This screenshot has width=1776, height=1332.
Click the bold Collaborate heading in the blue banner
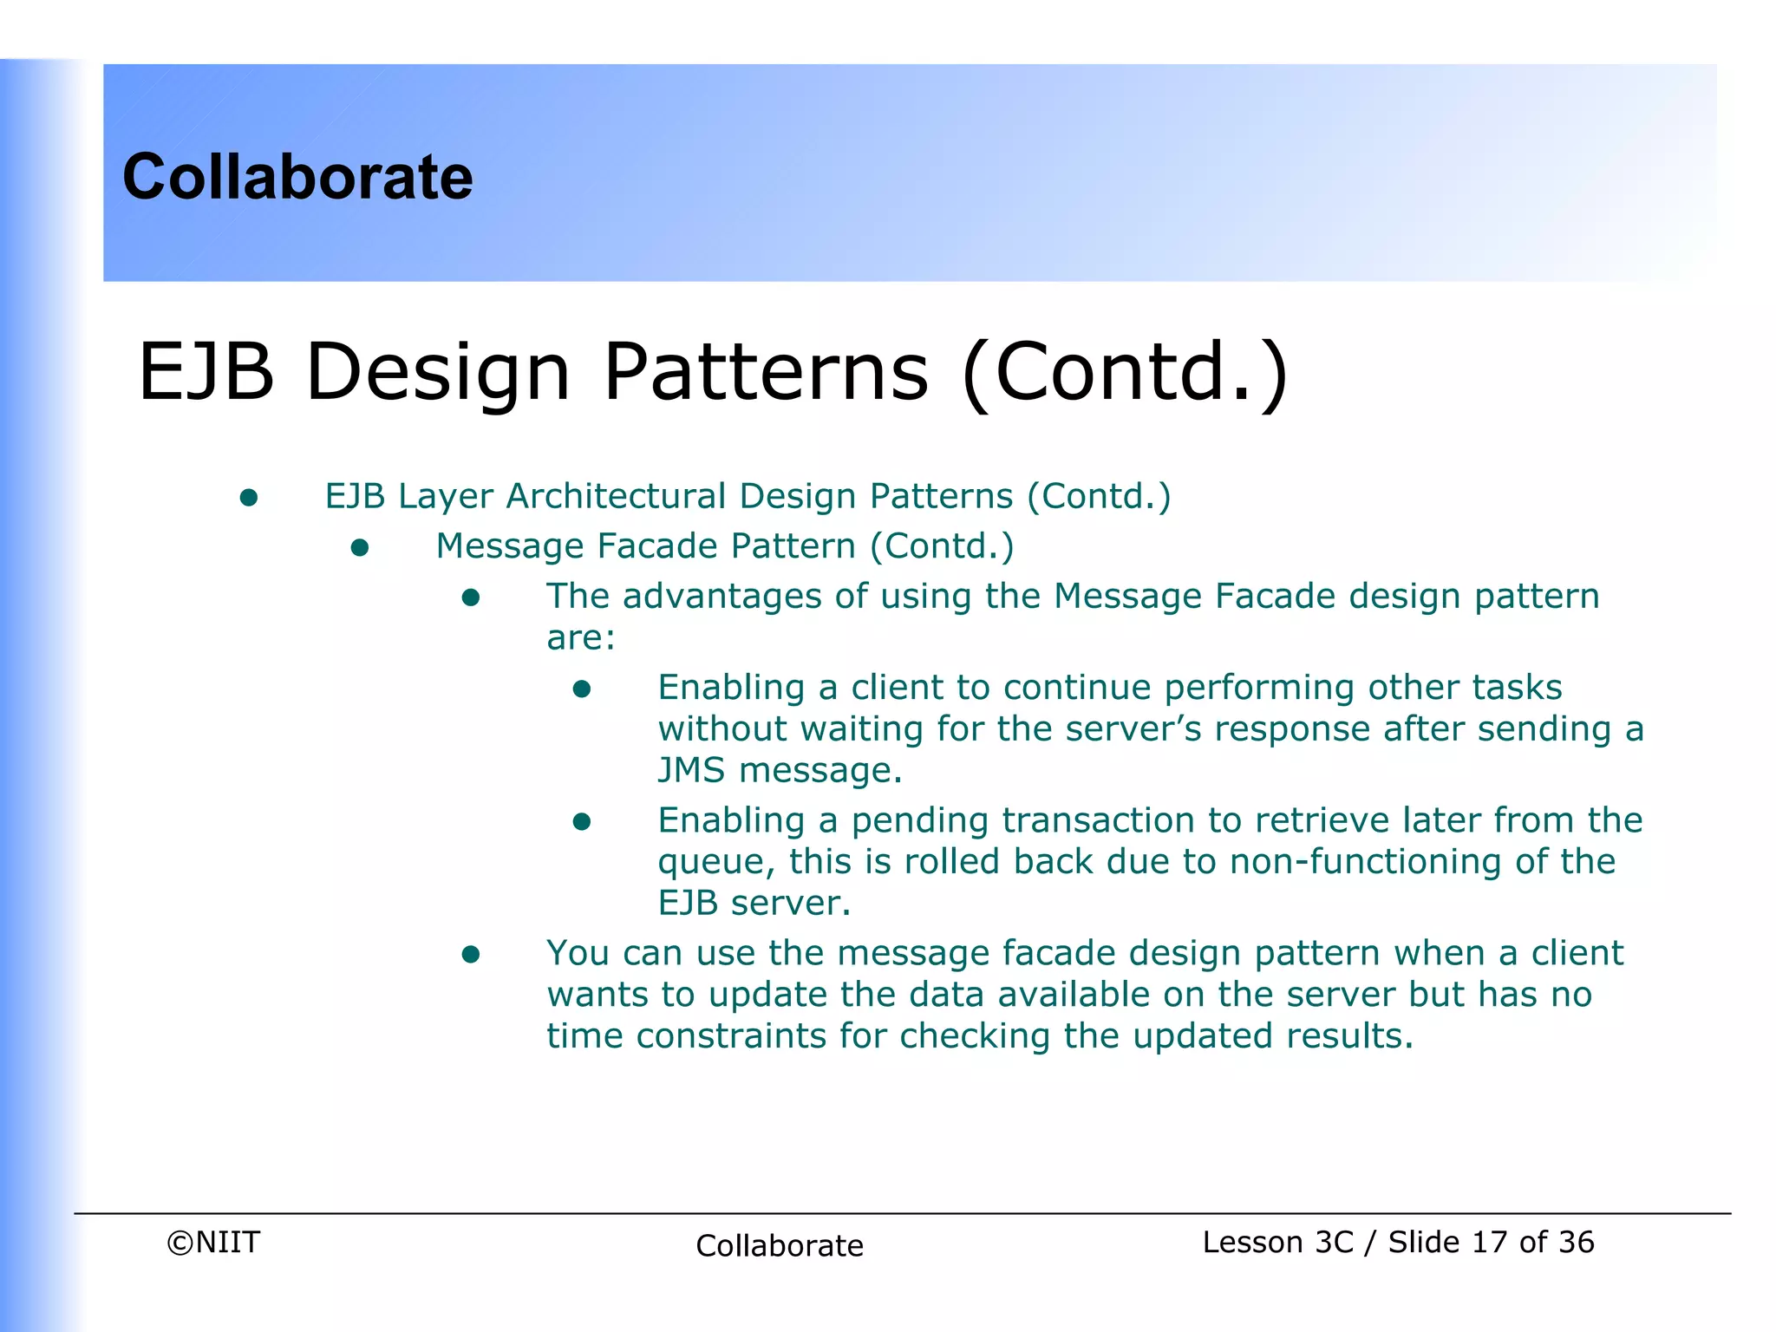point(297,177)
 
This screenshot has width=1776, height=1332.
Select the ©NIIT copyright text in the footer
point(213,1242)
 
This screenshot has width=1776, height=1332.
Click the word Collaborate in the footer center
point(779,1245)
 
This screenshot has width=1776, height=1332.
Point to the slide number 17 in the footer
point(1489,1242)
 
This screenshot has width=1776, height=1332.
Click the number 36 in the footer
point(1575,1242)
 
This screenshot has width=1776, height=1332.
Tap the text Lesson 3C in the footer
point(1277,1242)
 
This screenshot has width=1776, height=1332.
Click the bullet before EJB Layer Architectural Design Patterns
point(249,498)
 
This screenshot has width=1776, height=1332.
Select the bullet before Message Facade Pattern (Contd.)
point(360,548)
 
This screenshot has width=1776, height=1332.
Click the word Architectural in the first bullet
point(616,496)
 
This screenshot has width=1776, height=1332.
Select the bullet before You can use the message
point(471,955)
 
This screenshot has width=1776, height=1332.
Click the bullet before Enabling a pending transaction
point(582,821)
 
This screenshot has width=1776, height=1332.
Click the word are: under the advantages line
point(580,638)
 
